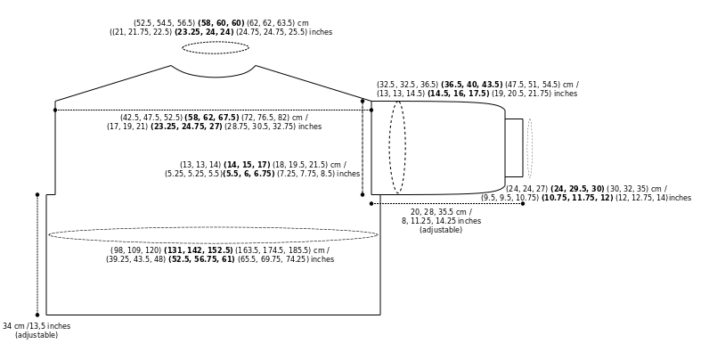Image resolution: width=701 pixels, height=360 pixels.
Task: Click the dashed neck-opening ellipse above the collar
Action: point(216,42)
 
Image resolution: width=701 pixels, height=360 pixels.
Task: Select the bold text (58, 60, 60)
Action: point(221,23)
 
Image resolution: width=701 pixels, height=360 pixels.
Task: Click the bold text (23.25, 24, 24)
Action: point(204,32)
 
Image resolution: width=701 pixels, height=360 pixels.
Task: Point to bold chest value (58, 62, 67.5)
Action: point(212,118)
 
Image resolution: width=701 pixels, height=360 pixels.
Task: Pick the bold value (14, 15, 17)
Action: point(247,165)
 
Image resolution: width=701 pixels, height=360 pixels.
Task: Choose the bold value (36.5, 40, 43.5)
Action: point(472,85)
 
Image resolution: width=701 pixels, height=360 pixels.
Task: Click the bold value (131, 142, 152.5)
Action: point(199,250)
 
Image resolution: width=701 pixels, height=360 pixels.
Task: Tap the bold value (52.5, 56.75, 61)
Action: point(201,259)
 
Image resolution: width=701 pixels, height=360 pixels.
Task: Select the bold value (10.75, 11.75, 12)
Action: point(577,198)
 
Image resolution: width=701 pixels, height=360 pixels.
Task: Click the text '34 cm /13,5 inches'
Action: point(37,326)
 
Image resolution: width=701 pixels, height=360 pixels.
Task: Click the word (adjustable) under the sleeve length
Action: point(441,230)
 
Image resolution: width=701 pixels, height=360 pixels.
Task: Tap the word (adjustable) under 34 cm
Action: point(37,335)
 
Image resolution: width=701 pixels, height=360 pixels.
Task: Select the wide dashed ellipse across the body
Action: point(213,227)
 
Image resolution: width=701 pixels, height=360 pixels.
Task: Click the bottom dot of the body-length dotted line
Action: point(37,315)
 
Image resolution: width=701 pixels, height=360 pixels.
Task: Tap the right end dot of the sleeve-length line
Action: point(523,203)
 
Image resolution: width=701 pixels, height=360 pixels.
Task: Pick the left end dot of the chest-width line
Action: point(55,110)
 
